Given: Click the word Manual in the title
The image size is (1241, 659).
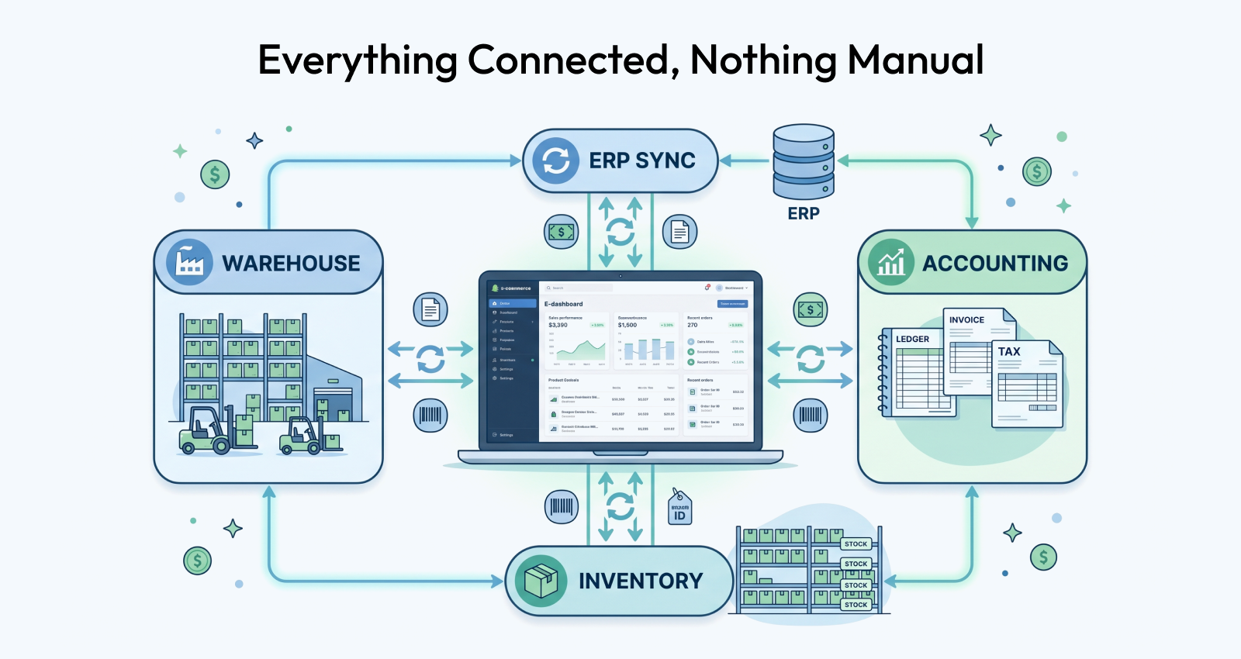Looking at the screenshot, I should pos(915,60).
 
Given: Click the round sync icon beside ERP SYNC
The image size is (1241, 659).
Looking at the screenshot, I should pos(555,160).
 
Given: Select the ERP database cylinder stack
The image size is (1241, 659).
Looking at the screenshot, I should pos(804,162).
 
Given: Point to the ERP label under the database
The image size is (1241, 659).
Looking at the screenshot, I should pos(804,213).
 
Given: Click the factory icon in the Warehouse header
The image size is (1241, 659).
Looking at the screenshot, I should pos(189,262).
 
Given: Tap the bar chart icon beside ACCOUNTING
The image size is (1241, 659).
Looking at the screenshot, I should pos(890,262).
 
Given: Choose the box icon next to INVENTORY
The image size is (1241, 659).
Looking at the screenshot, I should pos(541,581).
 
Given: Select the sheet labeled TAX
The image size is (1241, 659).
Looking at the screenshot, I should pos(1026,384).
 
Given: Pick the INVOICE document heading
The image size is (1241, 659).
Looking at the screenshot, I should pos(966,319).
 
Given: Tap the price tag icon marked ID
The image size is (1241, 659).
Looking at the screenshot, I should pos(679,508).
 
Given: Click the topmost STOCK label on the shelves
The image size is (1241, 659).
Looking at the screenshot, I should pos(856,543).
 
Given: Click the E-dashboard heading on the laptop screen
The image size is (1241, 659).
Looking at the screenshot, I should pos(564,304).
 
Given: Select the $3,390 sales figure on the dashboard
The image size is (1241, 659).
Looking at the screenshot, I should pos(558,325).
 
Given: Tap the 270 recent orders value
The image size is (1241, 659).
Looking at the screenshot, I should pos(693,325).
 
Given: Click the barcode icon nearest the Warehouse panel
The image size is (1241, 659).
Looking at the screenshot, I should pos(430,416).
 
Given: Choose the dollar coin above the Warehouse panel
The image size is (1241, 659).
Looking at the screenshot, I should pos(215,174).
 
